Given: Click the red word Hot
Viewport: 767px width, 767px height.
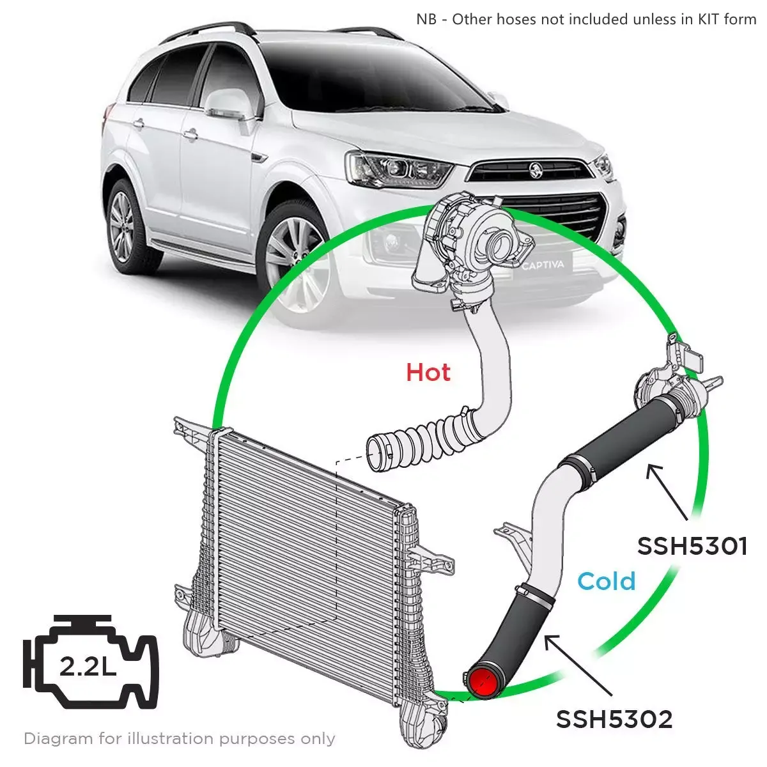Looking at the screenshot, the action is (428, 373).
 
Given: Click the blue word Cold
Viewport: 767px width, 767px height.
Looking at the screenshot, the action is (606, 581).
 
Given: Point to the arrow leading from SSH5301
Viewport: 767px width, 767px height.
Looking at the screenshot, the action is (667, 493).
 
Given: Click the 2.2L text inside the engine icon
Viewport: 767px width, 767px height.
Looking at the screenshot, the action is (88, 665).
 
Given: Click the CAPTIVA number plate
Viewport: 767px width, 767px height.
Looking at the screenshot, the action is (543, 265).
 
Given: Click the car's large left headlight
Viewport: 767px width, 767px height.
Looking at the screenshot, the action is (398, 169).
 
